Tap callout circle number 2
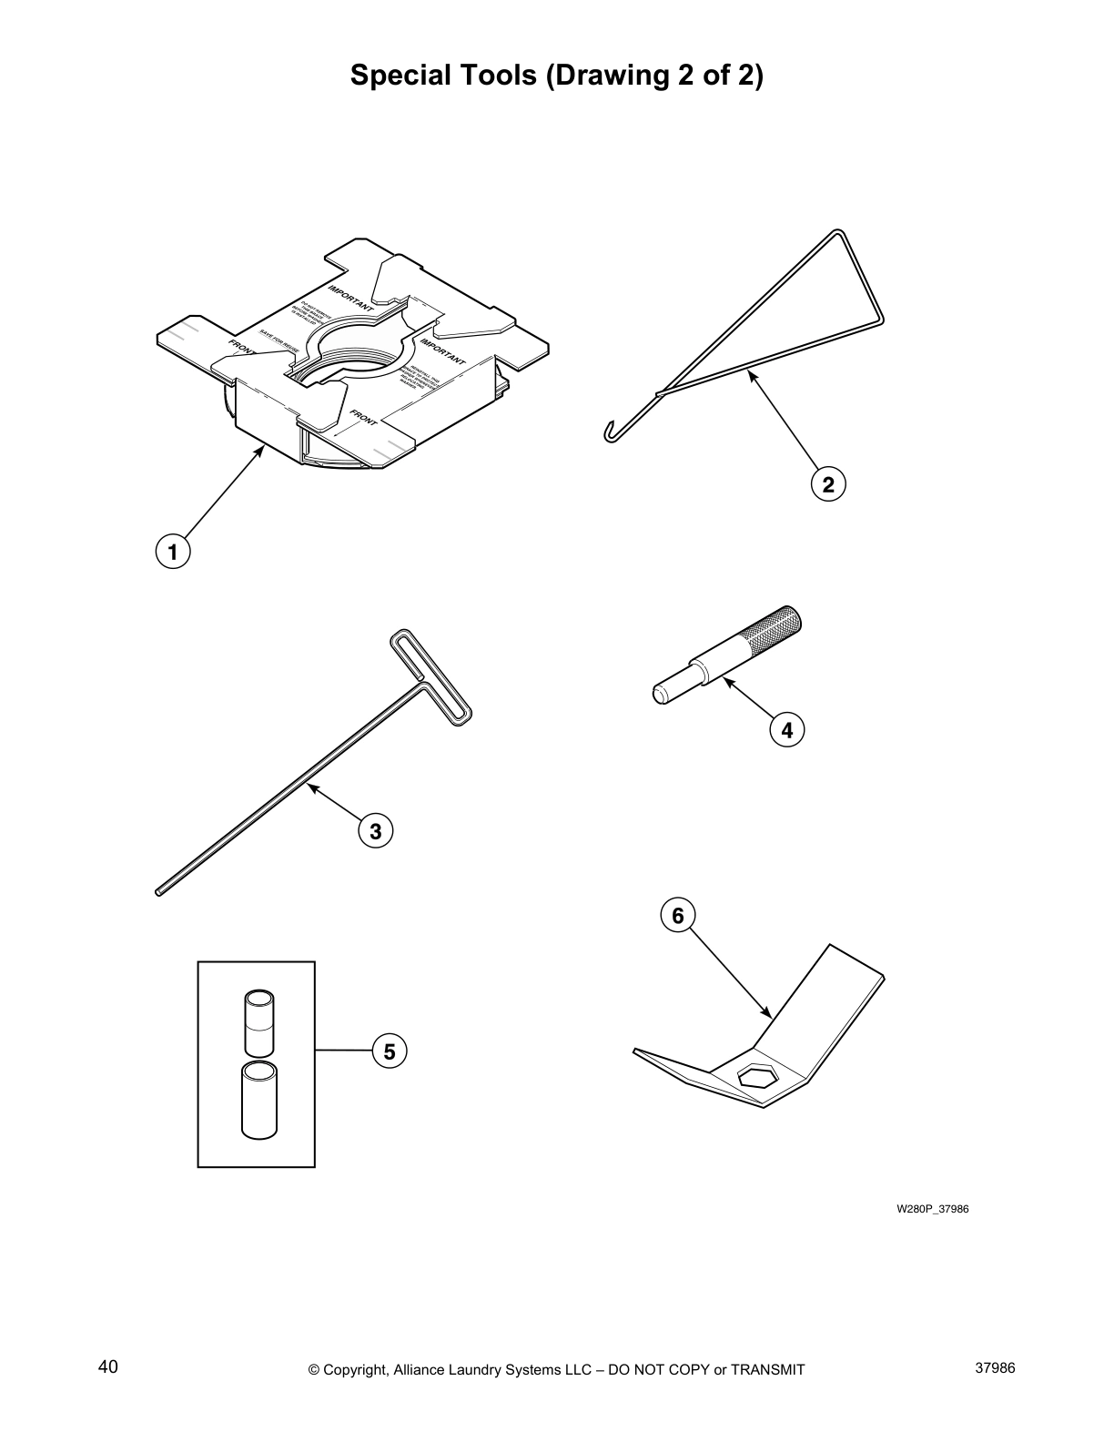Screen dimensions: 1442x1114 [827, 484]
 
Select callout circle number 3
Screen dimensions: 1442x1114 [375, 830]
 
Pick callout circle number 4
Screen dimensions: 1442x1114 [786, 729]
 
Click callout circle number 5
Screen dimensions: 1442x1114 [390, 1051]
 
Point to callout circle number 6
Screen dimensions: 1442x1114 [677, 915]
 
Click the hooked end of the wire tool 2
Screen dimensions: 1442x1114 [609, 433]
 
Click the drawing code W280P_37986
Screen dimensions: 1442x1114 [932, 1209]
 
